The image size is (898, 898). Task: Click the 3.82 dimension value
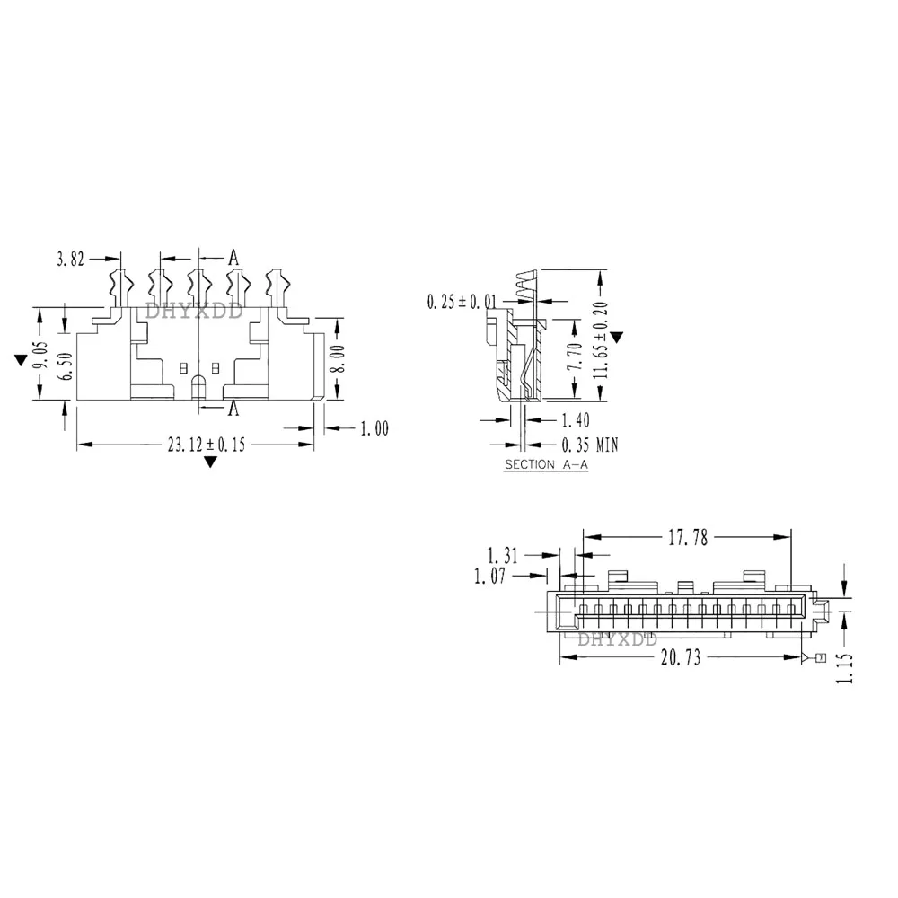70,260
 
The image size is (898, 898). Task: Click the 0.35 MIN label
589,445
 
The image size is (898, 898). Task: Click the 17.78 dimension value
688,538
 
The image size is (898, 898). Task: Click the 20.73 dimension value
680,658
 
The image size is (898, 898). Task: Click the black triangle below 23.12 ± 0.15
210,462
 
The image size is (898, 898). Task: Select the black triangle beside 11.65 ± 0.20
616,337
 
